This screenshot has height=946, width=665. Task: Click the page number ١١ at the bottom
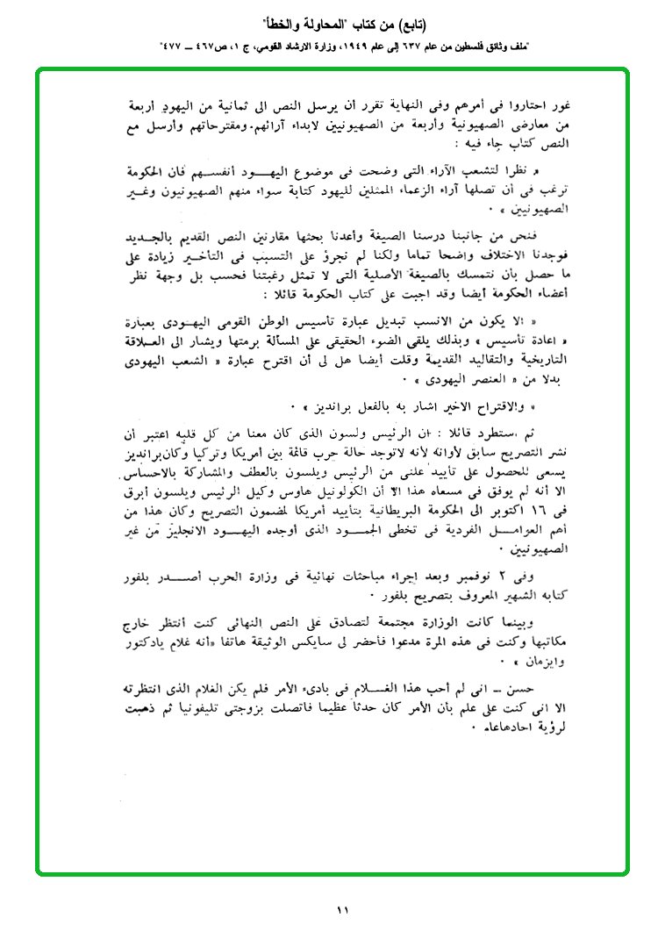pos(342,910)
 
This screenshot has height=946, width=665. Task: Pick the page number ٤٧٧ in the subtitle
pos(174,45)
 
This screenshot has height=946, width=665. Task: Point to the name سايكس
pos(296,641)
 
